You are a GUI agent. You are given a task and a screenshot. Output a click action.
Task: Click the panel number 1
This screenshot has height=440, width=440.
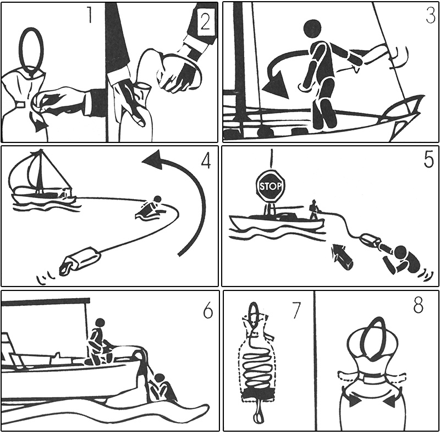90,15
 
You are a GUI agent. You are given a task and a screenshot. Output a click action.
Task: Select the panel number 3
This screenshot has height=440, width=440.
431,15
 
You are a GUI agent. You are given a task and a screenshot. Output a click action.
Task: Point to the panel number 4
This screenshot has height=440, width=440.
206,161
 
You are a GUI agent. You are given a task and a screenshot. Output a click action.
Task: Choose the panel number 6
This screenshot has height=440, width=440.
208,310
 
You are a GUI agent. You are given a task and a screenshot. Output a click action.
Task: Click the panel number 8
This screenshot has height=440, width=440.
418,305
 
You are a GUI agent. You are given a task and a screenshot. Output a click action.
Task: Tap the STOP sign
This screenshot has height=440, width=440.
270,186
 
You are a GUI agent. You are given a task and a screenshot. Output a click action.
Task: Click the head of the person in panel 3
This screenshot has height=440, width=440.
312,29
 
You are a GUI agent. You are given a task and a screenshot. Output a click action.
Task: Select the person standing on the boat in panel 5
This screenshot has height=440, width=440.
313,210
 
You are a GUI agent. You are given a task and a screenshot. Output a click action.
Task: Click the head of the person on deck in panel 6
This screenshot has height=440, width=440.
100,323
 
